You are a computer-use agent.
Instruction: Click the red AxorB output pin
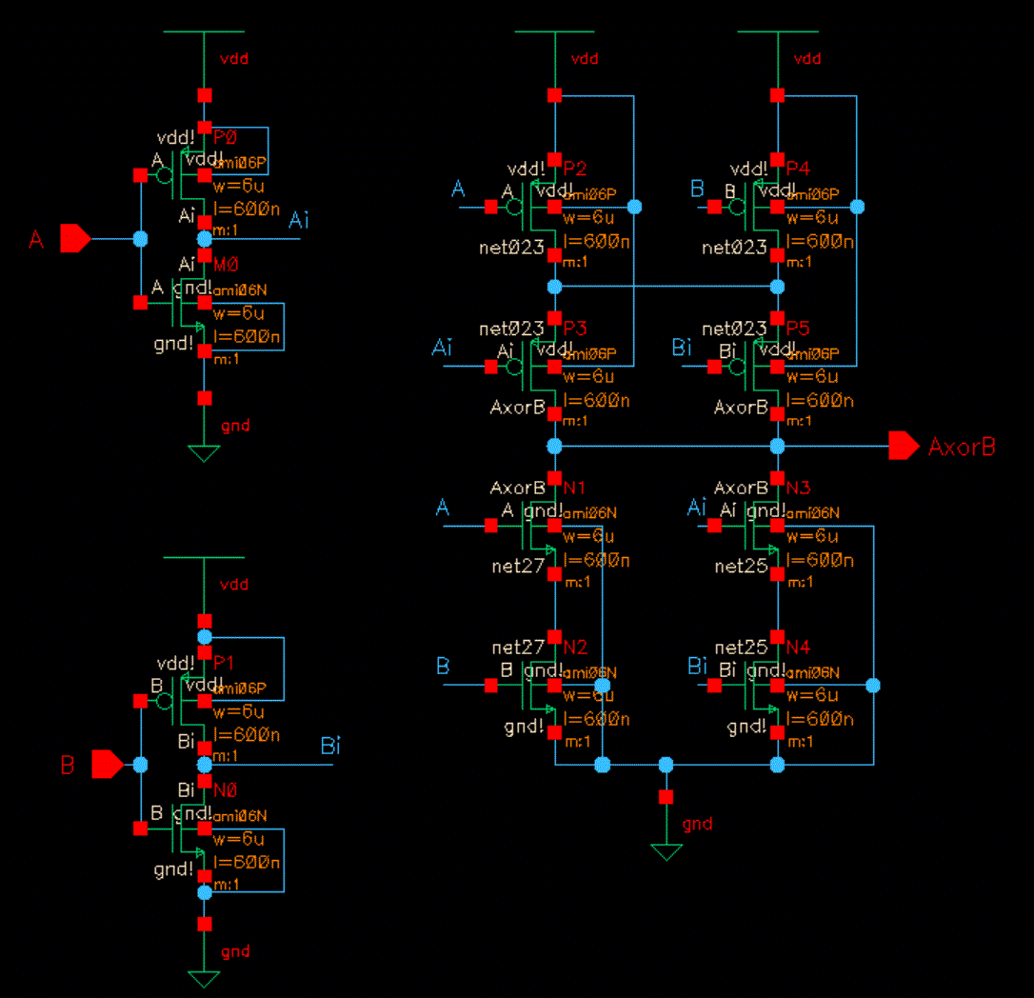click(x=904, y=446)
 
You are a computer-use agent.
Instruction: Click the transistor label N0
click(x=225, y=790)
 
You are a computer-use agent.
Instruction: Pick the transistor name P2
click(x=575, y=169)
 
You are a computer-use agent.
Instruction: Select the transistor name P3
click(x=575, y=329)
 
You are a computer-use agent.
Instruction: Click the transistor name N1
click(x=574, y=488)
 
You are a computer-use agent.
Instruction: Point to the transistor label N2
click(x=575, y=648)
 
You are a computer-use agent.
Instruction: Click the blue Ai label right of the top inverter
click(x=299, y=220)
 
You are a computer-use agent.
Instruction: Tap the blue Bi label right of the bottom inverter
click(x=329, y=746)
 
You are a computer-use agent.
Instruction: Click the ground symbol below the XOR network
click(x=666, y=851)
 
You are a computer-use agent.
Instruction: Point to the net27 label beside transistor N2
click(x=518, y=648)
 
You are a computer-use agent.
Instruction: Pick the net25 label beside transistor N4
click(x=741, y=648)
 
